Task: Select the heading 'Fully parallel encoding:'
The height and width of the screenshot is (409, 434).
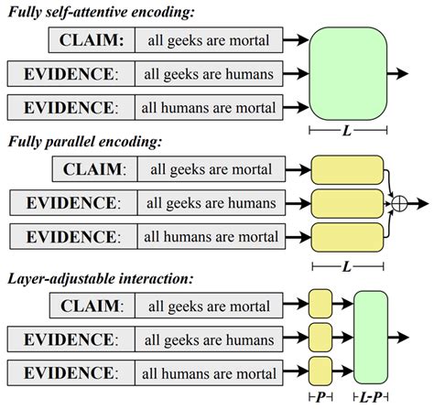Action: (x=92, y=142)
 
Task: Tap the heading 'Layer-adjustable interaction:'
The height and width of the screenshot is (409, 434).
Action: (x=105, y=276)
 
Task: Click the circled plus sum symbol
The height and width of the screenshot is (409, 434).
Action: (x=396, y=203)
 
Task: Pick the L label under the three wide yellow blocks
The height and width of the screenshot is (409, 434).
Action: (x=345, y=264)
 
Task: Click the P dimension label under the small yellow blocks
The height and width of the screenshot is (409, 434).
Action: (x=320, y=398)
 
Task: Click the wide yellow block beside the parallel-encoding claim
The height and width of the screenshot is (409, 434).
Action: (x=346, y=169)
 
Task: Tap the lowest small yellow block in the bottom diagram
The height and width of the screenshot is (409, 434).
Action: (x=320, y=371)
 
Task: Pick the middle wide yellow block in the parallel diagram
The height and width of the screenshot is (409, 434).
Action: (x=346, y=202)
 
